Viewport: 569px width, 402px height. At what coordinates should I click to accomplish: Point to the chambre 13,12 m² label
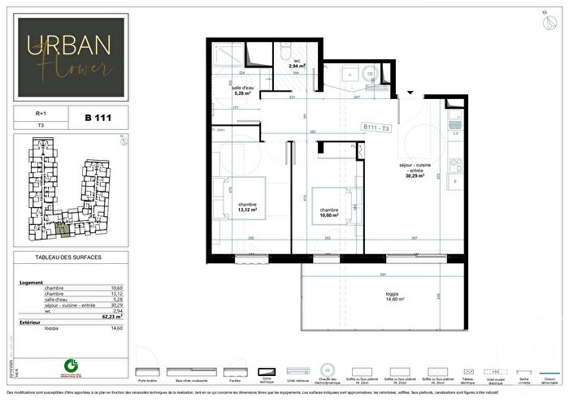247,206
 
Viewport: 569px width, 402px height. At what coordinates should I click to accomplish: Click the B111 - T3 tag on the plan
380,127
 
